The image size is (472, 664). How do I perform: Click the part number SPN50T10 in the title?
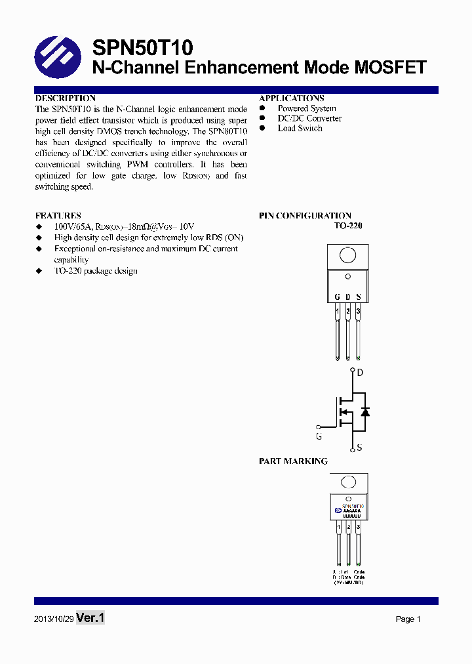coord(142,48)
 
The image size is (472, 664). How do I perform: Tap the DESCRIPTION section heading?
coord(66,98)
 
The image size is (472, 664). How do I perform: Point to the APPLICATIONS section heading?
coord(292,98)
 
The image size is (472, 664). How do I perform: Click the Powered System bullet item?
coord(307,108)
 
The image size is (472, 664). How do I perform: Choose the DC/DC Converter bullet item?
coord(309,118)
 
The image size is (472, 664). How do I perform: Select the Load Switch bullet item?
coord(300,128)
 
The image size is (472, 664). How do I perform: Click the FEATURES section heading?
coord(58,215)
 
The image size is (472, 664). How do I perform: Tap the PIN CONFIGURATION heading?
coord(305,215)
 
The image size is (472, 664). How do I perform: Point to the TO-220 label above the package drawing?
coord(348,225)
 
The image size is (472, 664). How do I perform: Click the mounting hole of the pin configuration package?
coord(348,255)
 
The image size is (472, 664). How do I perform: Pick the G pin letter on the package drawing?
coord(337,297)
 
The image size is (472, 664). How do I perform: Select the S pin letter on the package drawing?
coord(359,297)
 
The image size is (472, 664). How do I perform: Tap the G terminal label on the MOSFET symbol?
coord(319,436)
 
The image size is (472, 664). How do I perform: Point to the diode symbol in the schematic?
coord(366,411)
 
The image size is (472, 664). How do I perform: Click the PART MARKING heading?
coord(293,461)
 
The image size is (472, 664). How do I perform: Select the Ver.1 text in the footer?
coord(90,618)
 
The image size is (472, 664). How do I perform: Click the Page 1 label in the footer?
coord(408,619)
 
